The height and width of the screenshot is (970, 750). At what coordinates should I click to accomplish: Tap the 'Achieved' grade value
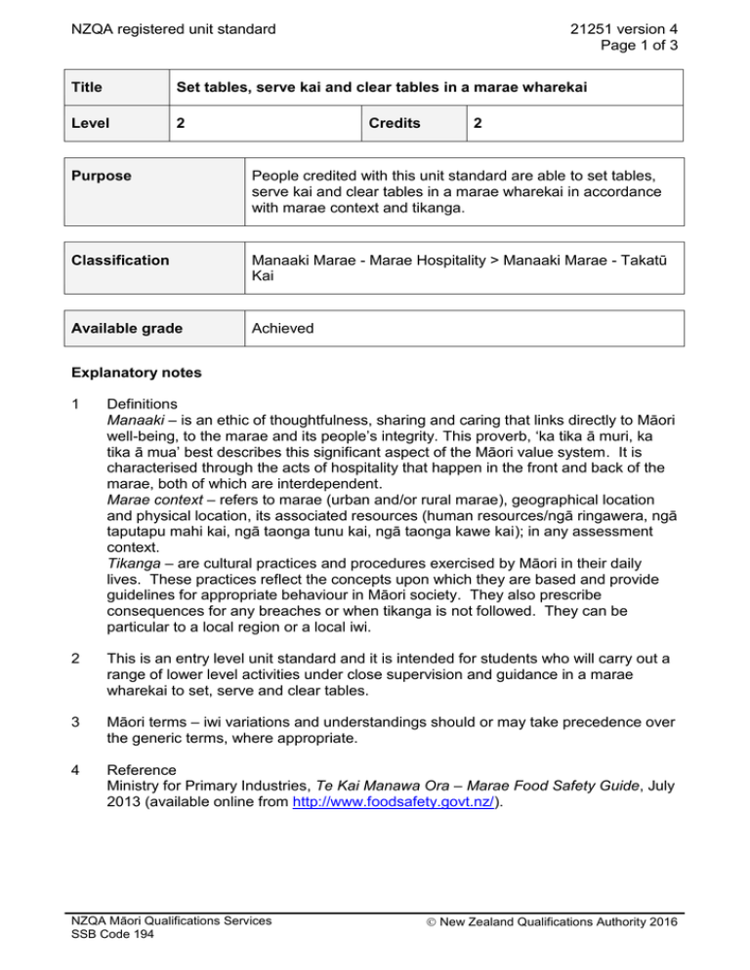(x=283, y=328)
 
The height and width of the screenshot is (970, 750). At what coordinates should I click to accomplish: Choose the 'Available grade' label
(x=132, y=328)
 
